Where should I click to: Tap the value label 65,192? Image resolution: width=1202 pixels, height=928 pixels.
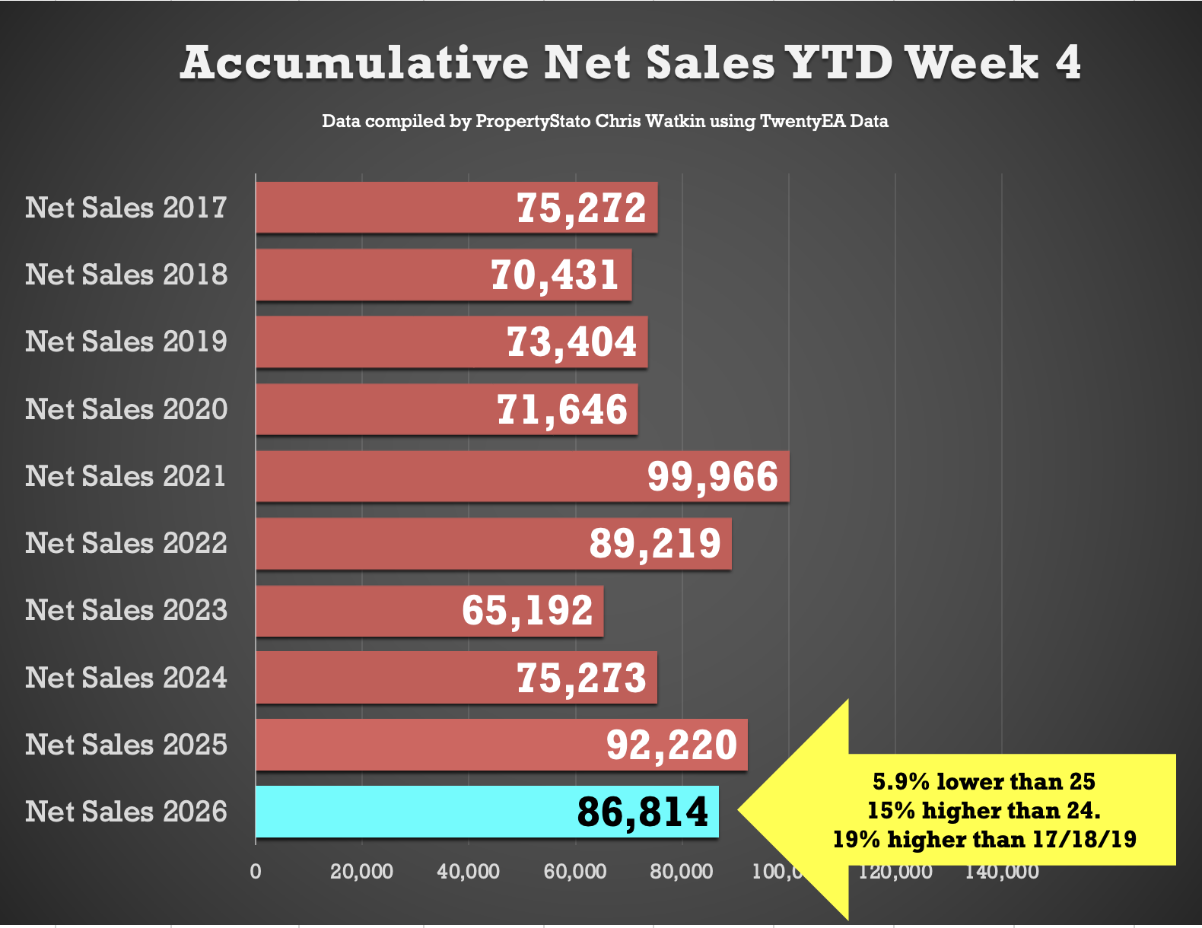(527, 611)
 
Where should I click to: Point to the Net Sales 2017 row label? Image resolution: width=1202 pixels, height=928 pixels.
(126, 208)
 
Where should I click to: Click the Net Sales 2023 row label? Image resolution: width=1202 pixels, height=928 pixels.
(126, 610)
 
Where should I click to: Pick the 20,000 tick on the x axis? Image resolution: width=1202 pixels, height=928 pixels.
(361, 872)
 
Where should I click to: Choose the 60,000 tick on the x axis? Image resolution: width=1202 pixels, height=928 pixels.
(574, 872)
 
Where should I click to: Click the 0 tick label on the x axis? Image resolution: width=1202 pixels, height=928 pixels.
(256, 872)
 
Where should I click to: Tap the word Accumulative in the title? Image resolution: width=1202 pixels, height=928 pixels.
(355, 62)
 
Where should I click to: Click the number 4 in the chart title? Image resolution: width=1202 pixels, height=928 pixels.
(1067, 62)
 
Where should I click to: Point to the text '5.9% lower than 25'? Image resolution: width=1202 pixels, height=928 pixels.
(984, 781)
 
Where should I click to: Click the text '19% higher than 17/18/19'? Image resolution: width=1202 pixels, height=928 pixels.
(984, 839)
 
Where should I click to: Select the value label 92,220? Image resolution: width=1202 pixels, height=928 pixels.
(672, 745)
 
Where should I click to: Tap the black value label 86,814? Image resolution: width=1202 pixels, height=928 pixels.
(643, 812)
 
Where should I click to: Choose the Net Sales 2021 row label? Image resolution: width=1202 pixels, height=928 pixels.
(126, 476)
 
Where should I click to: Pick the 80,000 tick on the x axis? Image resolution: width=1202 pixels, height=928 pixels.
(681, 872)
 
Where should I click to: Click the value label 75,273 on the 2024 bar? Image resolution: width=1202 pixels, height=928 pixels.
(581, 678)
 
